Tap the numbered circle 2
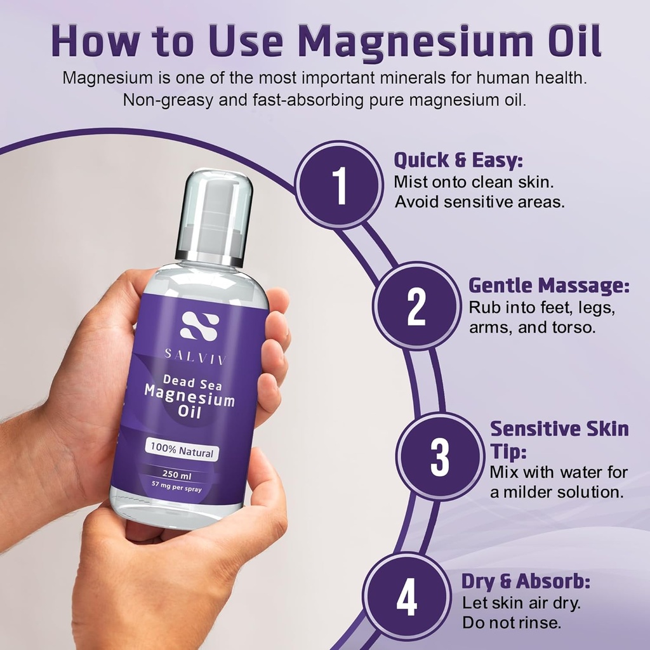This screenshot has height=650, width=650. [x=416, y=307]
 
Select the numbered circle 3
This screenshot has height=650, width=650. [x=440, y=456]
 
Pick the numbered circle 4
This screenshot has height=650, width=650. [x=407, y=597]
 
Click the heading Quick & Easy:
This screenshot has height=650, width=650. [x=458, y=159]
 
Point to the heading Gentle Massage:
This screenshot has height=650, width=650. [x=548, y=286]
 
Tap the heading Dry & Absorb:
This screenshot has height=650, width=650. [x=526, y=581]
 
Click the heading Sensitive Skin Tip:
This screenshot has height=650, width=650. [x=559, y=438]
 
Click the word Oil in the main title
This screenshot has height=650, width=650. [x=565, y=42]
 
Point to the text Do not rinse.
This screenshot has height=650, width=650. [x=511, y=623]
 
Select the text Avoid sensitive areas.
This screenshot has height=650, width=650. [x=479, y=202]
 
